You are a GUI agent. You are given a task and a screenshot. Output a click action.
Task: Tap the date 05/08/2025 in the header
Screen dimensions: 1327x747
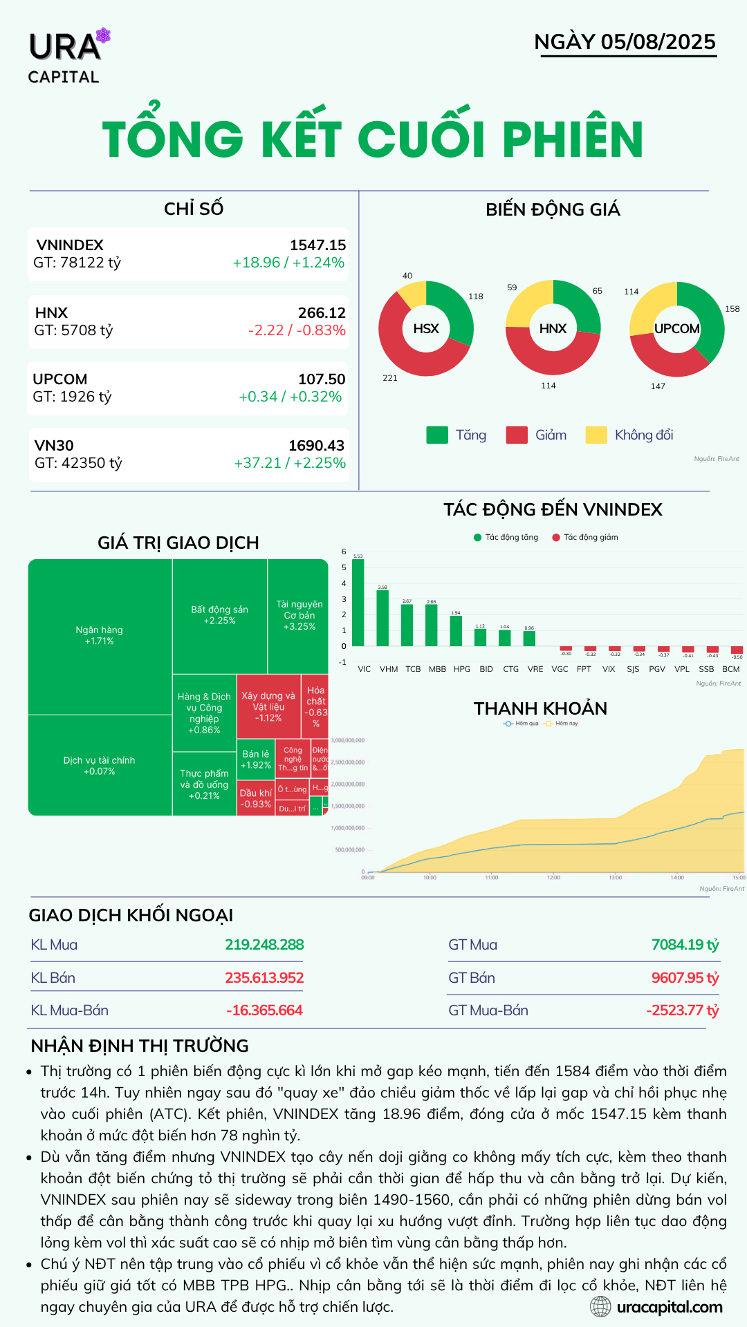coord(658,42)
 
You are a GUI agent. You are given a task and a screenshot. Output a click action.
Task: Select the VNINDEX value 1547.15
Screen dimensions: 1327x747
coord(317,245)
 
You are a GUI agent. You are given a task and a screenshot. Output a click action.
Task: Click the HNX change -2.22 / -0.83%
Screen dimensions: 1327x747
coord(297,330)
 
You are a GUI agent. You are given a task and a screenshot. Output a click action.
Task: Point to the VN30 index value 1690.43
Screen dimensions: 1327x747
coord(316,446)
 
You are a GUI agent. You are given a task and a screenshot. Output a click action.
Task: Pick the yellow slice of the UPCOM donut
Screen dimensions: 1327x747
coord(650,304)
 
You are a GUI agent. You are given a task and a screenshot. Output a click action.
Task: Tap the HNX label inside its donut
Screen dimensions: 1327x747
coord(553,329)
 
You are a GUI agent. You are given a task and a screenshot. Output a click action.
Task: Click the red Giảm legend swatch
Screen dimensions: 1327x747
coord(517,435)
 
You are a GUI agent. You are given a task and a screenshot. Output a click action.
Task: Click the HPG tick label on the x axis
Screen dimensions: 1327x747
coord(461,669)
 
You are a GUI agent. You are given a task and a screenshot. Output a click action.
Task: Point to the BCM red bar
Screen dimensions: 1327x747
coord(737,650)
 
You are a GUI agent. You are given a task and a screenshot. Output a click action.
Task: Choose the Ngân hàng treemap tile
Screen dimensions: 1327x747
coord(100,636)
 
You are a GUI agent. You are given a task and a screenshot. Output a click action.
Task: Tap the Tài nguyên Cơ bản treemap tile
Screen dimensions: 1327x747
coord(299,615)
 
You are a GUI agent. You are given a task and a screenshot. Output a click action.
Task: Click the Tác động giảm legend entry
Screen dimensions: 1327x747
coord(585,537)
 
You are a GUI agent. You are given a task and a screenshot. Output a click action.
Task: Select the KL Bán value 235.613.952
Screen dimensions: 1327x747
coord(264,978)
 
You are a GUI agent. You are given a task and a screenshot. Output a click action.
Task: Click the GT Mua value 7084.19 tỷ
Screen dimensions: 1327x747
coord(685,945)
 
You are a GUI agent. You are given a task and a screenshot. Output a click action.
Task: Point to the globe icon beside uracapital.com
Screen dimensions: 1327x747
coord(600,1306)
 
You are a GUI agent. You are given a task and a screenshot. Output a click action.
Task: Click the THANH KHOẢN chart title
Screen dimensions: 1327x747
coord(540,708)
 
